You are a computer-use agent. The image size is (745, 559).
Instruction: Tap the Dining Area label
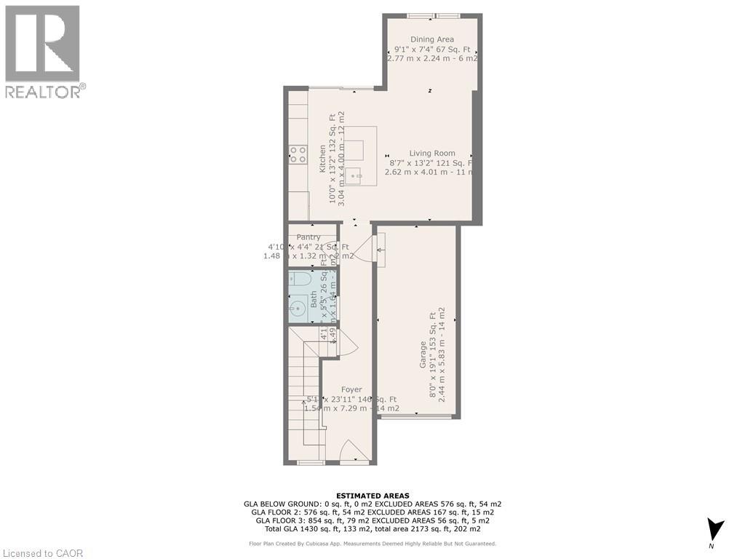click(x=432, y=39)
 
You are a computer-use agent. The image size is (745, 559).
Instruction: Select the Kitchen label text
click(x=322, y=159)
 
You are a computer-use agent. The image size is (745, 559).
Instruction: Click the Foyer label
click(x=351, y=389)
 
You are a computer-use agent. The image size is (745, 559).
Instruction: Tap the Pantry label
click(x=308, y=237)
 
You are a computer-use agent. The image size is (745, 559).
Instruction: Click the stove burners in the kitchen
click(x=298, y=154)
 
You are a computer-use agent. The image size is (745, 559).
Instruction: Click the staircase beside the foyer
click(x=305, y=393)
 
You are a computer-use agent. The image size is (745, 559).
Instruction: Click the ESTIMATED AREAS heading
click(x=372, y=495)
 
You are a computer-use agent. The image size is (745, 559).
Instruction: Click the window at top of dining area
click(x=433, y=15)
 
